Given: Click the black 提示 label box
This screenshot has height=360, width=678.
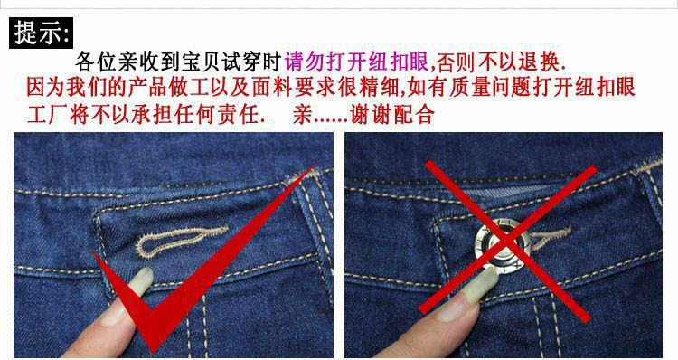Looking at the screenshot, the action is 41,33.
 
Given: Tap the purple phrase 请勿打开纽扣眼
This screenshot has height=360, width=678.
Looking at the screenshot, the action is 357,62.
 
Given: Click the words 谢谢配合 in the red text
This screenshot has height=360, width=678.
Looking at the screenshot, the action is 391,115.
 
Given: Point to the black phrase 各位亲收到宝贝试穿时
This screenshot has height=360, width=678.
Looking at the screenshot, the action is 179,62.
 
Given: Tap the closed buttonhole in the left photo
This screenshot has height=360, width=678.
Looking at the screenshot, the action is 182,241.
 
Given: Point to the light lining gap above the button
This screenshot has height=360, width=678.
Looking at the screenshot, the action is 507,191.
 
